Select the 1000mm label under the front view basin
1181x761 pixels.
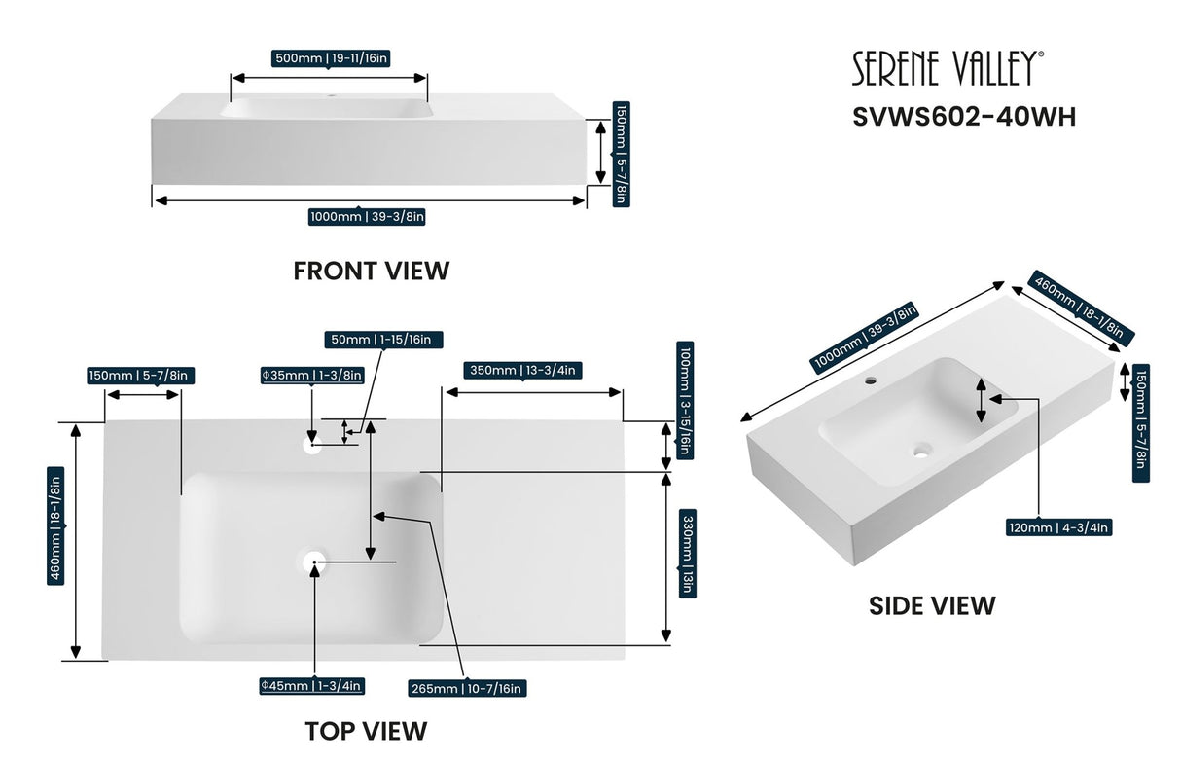pyautogui.click(x=366, y=216)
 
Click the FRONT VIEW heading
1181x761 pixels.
pyautogui.click(x=372, y=271)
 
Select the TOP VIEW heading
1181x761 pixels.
pyautogui.click(x=365, y=730)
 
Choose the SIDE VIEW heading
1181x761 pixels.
pyautogui.click(x=931, y=605)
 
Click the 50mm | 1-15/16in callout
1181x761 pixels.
pyautogui.click(x=384, y=340)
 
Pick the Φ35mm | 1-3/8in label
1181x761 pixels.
pyautogui.click(x=311, y=375)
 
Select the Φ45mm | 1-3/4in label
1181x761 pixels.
pyautogui.click(x=311, y=686)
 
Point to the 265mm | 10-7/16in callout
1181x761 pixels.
pyautogui.click(x=467, y=688)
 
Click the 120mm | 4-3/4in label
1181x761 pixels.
pyautogui.click(x=1059, y=527)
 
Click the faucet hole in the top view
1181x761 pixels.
pyautogui.click(x=312, y=446)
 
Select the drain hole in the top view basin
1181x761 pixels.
pyautogui.click(x=313, y=562)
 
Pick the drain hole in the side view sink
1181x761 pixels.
pyautogui.click(x=920, y=450)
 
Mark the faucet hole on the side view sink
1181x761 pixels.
pyautogui.click(x=872, y=376)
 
